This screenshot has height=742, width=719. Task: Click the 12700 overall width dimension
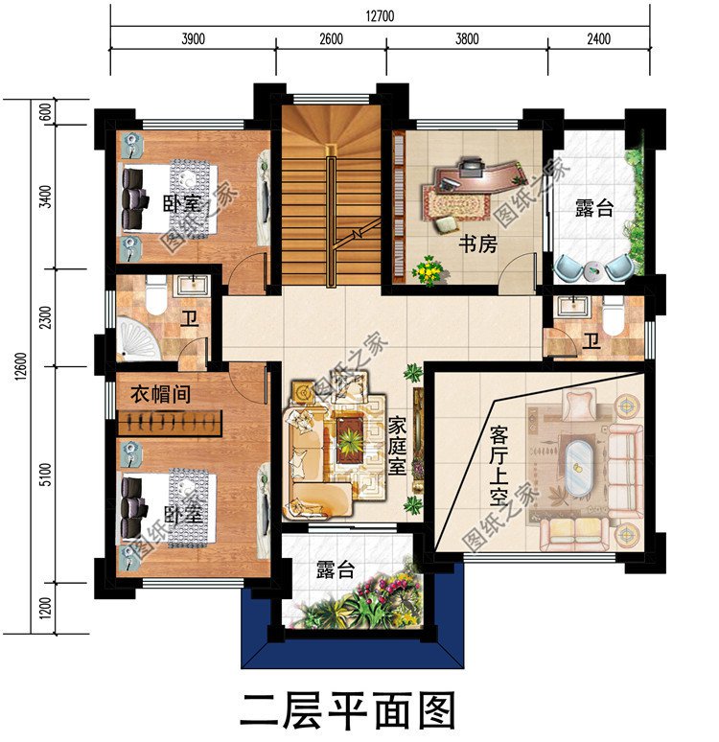(x=380, y=15)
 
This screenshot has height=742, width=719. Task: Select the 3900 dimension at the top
(x=193, y=39)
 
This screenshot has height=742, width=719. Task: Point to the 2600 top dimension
(x=331, y=39)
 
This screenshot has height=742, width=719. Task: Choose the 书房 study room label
(x=476, y=243)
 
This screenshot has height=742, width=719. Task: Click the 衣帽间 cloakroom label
(x=160, y=393)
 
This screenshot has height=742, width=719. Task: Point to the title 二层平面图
(x=346, y=711)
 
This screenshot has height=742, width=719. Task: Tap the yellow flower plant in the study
(x=427, y=271)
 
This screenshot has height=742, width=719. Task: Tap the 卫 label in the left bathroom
(x=190, y=318)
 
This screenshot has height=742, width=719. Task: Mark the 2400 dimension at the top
(x=599, y=39)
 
